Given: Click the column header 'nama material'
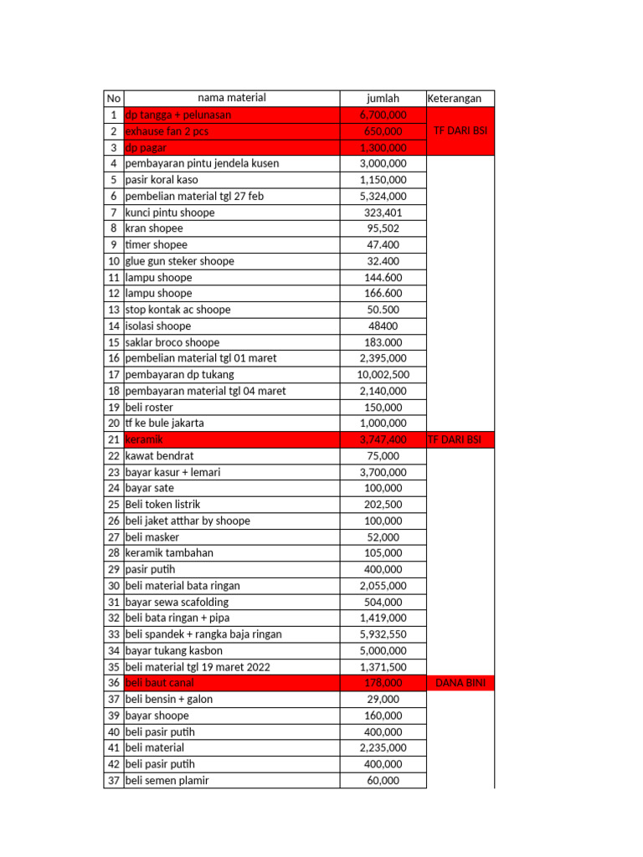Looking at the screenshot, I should pos(231,99).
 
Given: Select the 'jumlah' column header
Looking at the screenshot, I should pos(383,99).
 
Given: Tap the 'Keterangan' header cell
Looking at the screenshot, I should pos(455,99).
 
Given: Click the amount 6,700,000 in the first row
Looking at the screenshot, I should pos(383,115).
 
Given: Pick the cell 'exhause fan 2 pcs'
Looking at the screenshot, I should pos(167,131).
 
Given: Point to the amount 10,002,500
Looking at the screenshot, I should pos(383,375).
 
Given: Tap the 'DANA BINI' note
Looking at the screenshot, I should pos(460,684).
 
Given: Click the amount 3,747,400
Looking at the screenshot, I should pos(383,440).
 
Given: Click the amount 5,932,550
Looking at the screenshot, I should pos(383,634).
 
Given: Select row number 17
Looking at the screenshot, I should pos(113,375).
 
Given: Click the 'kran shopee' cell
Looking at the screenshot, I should pos(154,228).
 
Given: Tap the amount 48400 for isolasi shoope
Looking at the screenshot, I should pos(383,326).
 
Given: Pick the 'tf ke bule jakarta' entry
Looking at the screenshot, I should pos(164,423).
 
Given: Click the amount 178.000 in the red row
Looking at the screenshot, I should pos(383,684).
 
